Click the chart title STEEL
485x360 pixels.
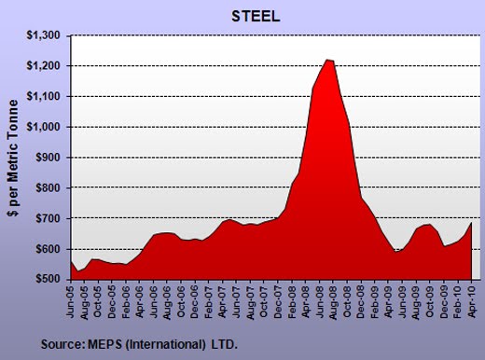coord(256,17)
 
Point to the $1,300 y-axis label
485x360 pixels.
coord(43,35)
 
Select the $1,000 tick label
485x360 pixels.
coord(43,127)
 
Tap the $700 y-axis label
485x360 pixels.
coord(48,218)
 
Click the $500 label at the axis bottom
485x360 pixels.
coord(48,279)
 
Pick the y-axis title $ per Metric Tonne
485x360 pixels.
coord(13,158)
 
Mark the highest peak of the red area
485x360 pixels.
coord(326,60)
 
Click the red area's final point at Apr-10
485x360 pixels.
coord(472,223)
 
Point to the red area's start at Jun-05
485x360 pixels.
coord(71,261)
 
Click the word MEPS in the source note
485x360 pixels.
coord(105,344)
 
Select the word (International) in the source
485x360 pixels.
coord(166,344)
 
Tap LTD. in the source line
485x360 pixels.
coord(225,344)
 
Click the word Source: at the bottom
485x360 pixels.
coord(63,344)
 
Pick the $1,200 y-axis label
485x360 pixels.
coord(43,66)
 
